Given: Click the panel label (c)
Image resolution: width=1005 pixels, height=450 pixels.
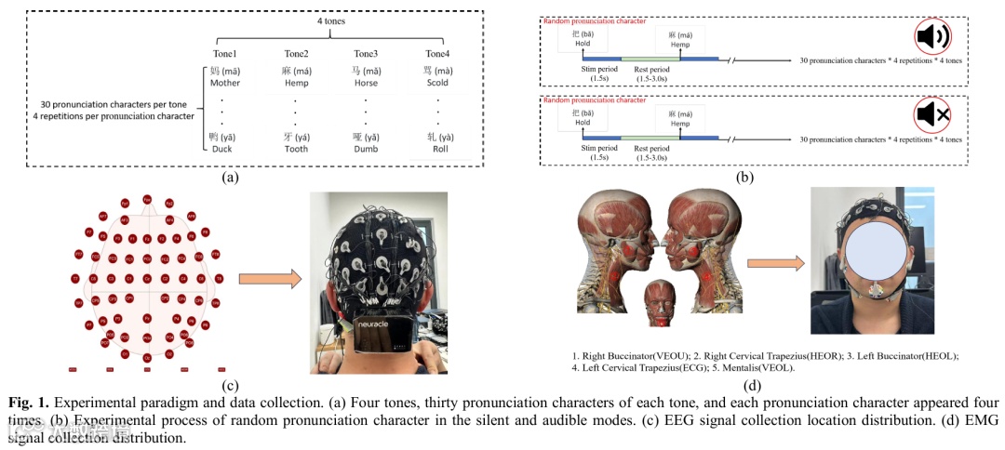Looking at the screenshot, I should click(224, 384).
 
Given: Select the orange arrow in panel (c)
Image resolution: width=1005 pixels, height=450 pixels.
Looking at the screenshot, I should click(270, 279).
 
